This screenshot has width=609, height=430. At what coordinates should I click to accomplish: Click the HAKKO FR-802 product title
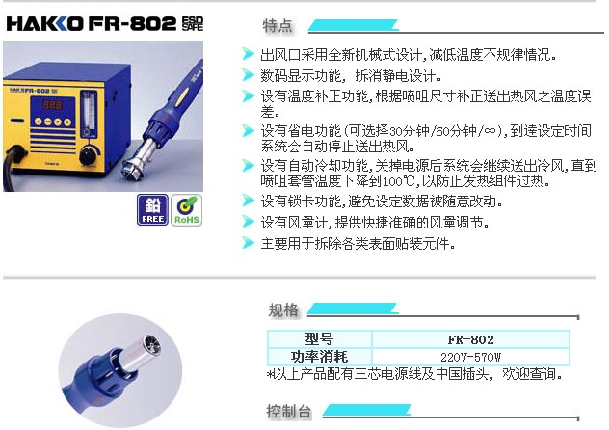tap(92, 24)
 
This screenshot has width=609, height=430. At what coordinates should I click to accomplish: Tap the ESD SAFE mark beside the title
tap(193, 24)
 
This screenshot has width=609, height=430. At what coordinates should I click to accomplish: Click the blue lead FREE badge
tap(152, 210)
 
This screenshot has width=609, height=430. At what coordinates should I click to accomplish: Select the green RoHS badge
tap(186, 210)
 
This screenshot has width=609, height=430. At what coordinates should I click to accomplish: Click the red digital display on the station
tap(52, 105)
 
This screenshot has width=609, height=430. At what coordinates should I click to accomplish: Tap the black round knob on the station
tap(91, 155)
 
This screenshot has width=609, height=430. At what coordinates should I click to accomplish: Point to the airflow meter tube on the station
tap(89, 114)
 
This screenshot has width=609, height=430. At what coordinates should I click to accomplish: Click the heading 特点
tap(278, 26)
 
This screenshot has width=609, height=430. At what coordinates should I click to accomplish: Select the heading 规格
tap(283, 310)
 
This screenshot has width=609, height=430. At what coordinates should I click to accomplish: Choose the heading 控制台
tap(289, 411)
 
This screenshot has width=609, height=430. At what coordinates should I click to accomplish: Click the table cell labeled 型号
tap(319, 339)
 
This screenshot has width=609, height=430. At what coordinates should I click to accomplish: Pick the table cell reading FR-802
tap(470, 339)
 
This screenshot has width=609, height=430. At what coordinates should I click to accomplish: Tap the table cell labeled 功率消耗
tap(319, 356)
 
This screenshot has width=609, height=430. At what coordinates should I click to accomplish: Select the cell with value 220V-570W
tap(470, 356)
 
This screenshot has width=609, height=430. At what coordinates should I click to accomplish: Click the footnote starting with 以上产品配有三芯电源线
tap(414, 374)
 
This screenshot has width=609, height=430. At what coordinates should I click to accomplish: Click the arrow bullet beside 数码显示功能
tap(248, 74)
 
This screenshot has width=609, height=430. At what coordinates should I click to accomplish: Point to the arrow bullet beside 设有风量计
tap(248, 222)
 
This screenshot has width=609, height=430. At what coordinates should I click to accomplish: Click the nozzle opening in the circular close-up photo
tap(152, 344)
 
